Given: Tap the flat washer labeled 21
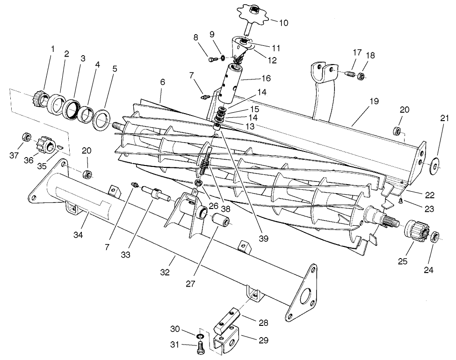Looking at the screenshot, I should point(435,166).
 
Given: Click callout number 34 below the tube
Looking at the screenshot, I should point(79,234).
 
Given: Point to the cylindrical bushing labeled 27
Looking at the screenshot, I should point(220,220).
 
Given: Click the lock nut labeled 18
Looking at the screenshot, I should point(362,76).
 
